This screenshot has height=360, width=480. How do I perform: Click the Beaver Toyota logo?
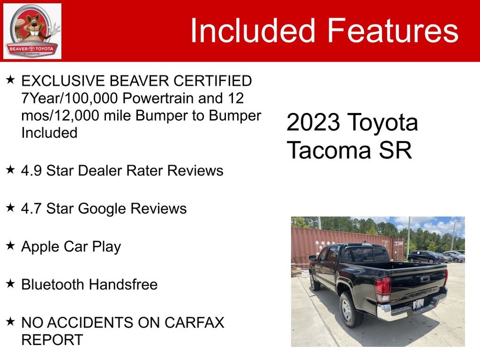pos(32,31)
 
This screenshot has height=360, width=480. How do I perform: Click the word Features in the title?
pos(393,31)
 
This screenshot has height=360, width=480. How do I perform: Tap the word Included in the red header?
pos(253,31)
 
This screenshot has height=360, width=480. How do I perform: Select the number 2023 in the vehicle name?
pos(313,122)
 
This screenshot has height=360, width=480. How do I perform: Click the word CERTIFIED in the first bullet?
pos(212,81)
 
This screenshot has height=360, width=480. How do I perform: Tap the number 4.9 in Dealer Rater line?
pos(31,170)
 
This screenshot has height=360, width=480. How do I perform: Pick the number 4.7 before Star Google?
pos(31,208)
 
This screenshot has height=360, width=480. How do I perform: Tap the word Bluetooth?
pos(52,284)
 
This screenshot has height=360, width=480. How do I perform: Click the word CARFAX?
pos(194,322)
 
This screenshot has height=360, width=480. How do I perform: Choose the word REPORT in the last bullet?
pos(52,339)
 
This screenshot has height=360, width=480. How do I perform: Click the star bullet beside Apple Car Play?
pos(10,245)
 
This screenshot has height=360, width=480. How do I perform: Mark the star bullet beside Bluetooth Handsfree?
pos(10,283)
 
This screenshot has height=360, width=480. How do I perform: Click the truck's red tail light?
pos(383,289)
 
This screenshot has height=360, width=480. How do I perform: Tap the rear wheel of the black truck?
pos(351,310)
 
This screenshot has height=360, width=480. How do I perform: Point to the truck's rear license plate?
pos(418,304)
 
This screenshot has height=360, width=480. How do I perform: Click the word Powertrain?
pos(158,98)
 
